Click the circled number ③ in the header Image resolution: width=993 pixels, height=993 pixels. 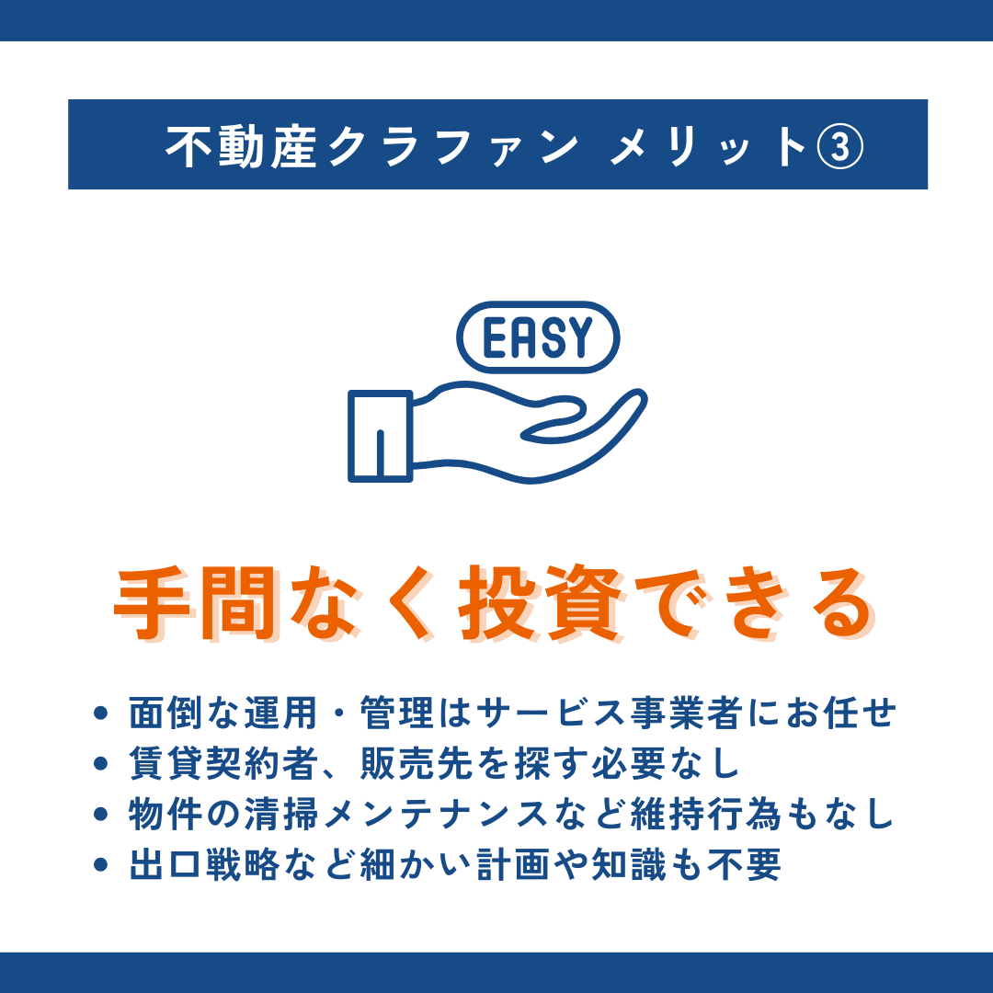839,146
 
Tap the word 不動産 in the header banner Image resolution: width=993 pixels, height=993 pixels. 241,146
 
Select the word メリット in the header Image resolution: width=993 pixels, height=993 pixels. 707,146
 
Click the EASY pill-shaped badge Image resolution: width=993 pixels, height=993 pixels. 538,337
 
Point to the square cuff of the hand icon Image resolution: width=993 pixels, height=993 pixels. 380,437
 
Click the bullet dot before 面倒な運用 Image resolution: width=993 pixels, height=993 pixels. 101,713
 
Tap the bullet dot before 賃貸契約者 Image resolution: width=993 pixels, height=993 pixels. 101,764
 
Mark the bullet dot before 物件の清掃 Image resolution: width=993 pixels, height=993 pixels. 101,815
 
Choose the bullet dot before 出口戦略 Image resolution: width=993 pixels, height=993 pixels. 101,864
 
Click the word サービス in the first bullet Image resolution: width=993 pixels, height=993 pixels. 552,713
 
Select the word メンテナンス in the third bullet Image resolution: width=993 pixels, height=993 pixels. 436,815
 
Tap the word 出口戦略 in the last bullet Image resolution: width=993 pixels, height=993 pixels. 204,864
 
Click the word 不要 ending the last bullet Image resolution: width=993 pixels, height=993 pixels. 744,864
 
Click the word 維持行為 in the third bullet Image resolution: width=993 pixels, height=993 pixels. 706,815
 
